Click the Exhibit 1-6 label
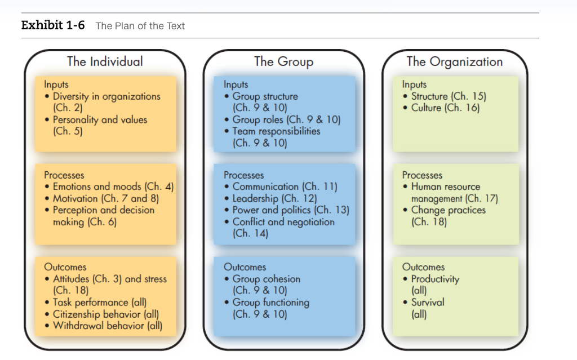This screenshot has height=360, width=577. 53,25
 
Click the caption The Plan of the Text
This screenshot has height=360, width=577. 140,26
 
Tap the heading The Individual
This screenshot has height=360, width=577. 105,61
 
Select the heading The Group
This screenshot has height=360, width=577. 283,61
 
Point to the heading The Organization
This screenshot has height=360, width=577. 455,61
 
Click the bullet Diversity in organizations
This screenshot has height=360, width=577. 106,96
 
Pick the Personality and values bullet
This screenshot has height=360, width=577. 100,119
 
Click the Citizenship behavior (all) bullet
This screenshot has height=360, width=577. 105,314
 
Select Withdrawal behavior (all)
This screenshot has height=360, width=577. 107,326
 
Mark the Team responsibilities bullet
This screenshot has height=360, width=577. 276,131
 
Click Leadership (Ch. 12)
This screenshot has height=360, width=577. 274,198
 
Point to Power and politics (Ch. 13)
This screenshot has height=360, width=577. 291,210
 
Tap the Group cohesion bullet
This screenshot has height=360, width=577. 266,279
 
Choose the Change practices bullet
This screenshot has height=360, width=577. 448,210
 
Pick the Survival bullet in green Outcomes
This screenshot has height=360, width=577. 427,302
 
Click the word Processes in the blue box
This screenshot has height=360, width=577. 243,175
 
